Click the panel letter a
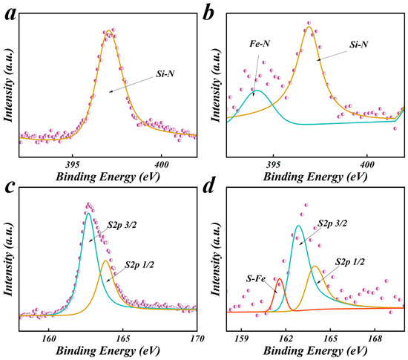pos(10,13)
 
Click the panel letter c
pos(10,186)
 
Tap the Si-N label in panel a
pos(165,74)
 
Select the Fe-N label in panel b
pos(260,44)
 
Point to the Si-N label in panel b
pos(358,45)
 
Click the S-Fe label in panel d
pos(256,279)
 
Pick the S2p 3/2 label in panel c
pos(122,225)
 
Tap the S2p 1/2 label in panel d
pos(350,262)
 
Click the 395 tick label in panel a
pos(73,165)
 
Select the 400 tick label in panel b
pos(367,165)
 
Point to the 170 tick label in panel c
pos(197,338)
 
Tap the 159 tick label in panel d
pos(242,338)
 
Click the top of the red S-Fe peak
pos(280,278)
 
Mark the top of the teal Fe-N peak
pos(257,91)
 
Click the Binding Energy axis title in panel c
pos(108,351)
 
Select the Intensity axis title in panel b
pos(216,85)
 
